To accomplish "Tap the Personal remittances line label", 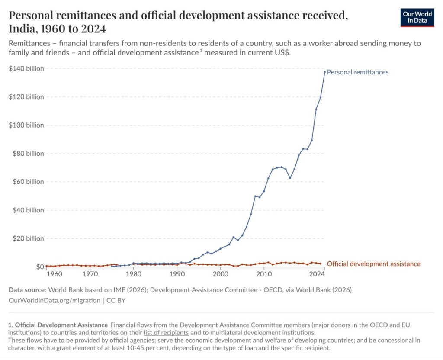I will pos(357,72).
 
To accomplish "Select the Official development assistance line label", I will pos(373,264).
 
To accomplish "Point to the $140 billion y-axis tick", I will pos(26,69).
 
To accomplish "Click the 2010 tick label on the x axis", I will pos(263,274).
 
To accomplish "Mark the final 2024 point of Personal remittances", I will pos(324,72).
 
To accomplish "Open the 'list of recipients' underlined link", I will pos(166,333).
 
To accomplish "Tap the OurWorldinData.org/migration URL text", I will pos(54,300).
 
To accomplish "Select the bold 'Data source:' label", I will pos(27,290).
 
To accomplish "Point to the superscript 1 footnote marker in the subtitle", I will pos(201,51).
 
